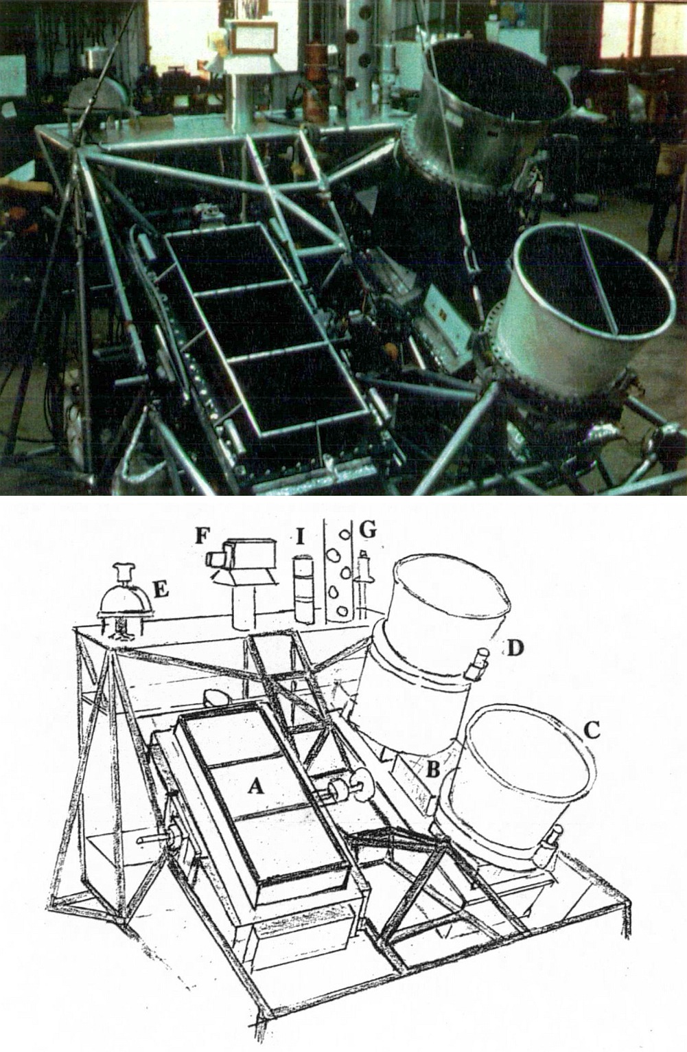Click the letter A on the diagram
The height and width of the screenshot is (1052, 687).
pos(255,786)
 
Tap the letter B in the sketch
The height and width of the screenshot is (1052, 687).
pos(432,769)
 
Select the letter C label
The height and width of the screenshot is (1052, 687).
pos(592,731)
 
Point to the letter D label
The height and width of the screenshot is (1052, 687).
pos(515,649)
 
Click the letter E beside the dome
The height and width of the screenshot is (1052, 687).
pos(161,589)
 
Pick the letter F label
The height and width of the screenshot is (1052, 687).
pos(202,536)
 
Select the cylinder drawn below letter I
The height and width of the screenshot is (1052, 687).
pos(304,589)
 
